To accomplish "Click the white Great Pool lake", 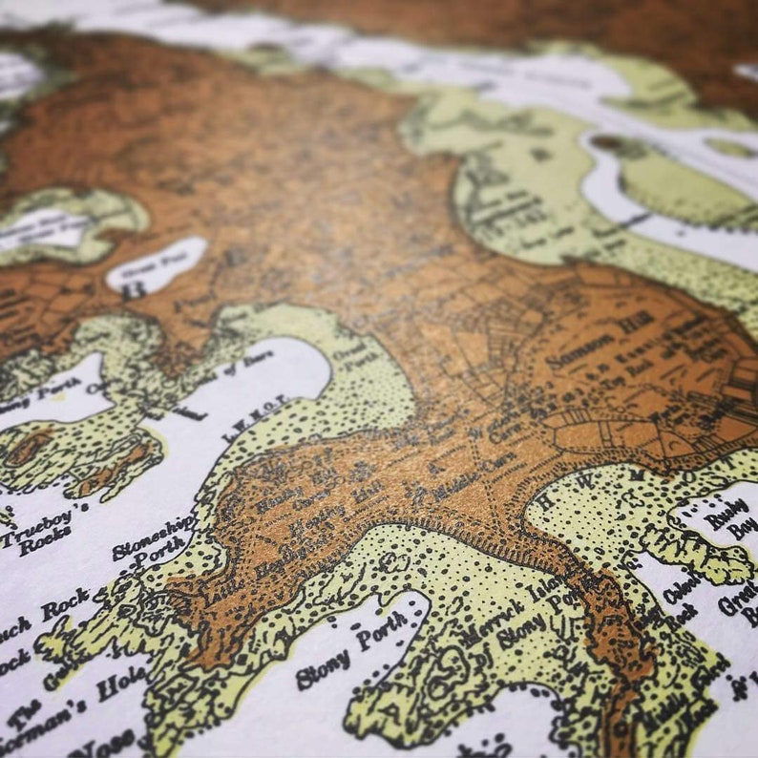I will point(158,263).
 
